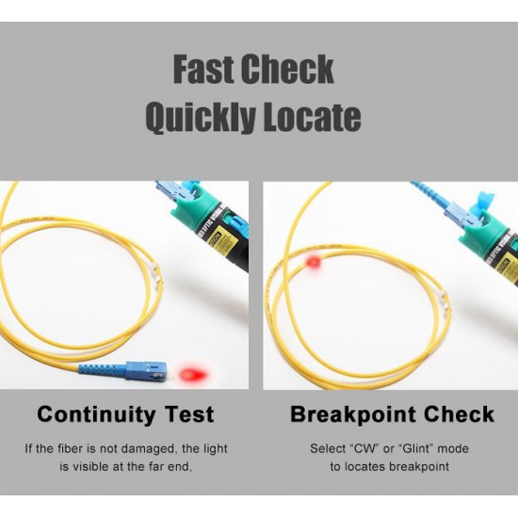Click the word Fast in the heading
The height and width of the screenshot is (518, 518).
click(203, 70)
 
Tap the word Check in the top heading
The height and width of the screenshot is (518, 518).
click(287, 70)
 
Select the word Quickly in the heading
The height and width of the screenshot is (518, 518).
click(201, 117)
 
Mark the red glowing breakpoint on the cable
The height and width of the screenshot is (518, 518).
click(314, 263)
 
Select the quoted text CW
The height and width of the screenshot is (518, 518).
click(364, 448)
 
